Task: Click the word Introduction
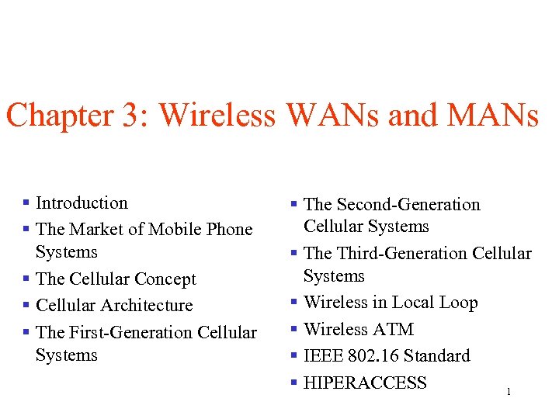[x=82, y=203]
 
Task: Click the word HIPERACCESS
[x=365, y=383]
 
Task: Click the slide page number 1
[x=508, y=393]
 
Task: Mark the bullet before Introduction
[x=26, y=203]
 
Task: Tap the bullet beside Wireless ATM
[x=294, y=330]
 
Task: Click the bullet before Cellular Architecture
[x=26, y=306]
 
